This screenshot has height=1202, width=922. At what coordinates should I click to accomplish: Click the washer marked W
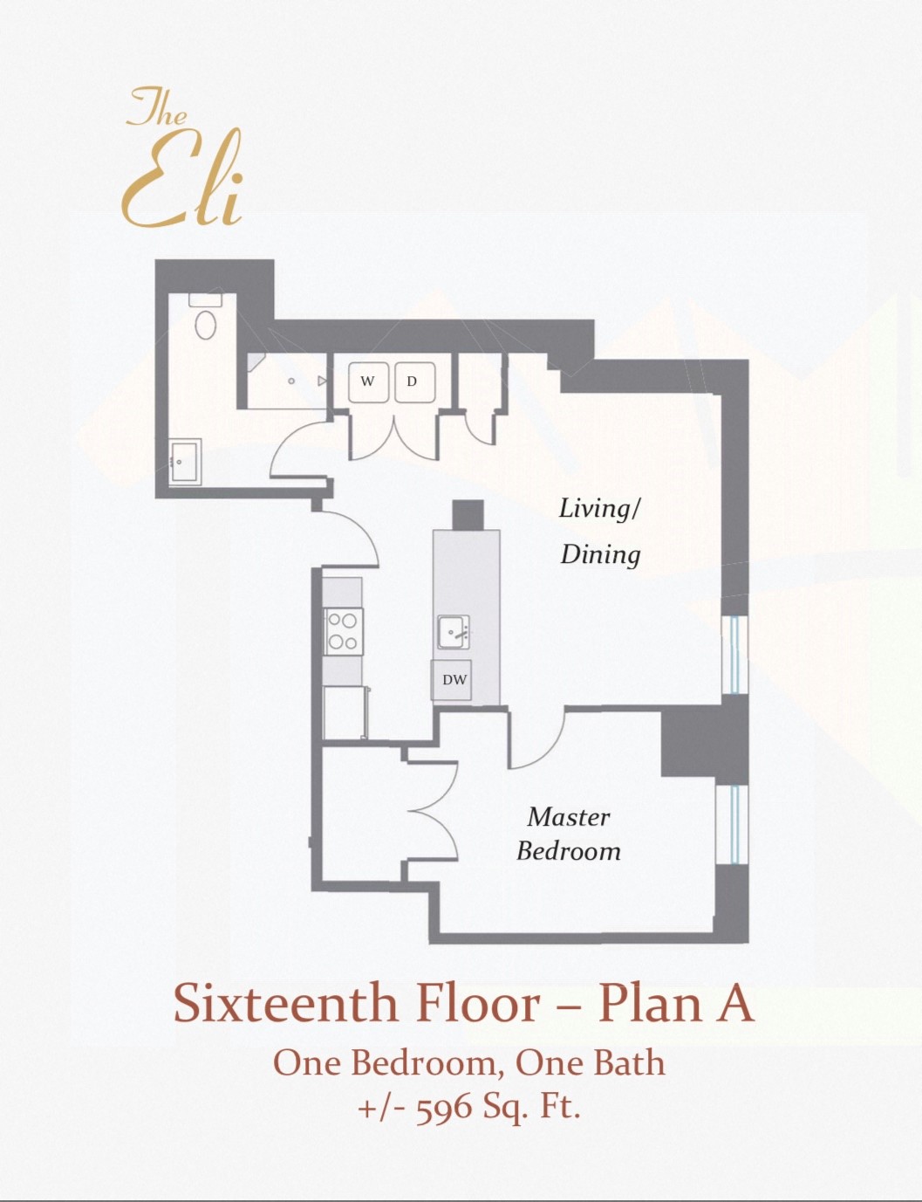[x=368, y=382]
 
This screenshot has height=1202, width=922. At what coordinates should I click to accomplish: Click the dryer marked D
[x=413, y=382]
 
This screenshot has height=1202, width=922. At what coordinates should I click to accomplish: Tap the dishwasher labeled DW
[x=454, y=680]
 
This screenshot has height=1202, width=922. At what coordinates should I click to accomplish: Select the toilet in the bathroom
[x=205, y=319]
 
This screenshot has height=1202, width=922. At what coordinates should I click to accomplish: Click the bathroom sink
[x=185, y=461]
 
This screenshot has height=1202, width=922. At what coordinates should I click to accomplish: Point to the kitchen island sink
[x=453, y=631]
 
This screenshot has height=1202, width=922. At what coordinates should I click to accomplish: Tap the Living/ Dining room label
[x=600, y=531]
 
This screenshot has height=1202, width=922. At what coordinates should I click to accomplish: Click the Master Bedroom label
[x=568, y=834]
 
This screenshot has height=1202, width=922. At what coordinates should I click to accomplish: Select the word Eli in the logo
[x=183, y=185]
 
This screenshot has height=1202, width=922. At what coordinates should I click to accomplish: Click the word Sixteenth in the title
[x=284, y=1003]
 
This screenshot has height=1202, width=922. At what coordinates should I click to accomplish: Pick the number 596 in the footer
[x=444, y=1108]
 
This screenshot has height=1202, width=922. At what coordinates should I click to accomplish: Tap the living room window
[x=735, y=655]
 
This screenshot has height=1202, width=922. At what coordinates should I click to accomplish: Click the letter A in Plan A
[x=734, y=1003]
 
